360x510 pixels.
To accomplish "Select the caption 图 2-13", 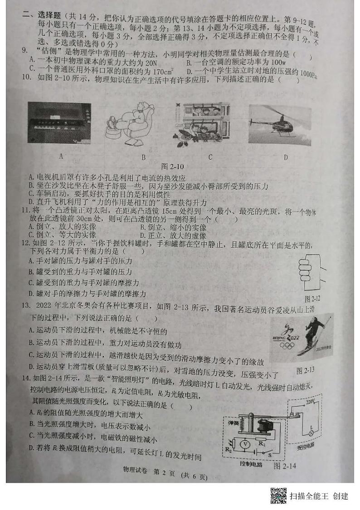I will tap(305, 371).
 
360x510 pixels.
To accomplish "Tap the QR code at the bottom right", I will tap(278, 495).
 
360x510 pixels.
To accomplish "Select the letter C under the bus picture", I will tap(210, 157).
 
